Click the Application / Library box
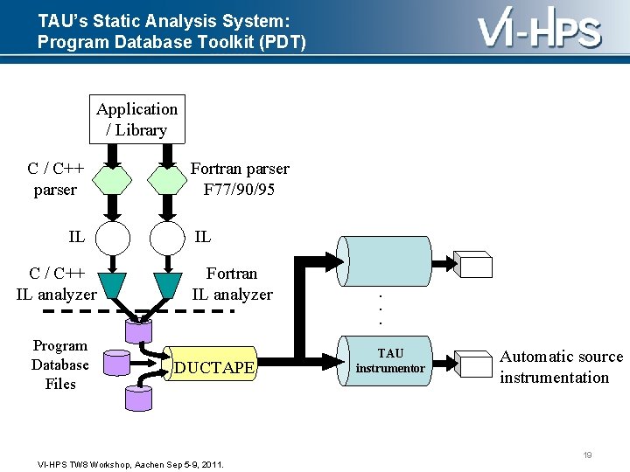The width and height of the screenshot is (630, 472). [136, 120]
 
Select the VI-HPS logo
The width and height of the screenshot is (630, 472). [539, 30]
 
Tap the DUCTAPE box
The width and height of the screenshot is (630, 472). [214, 368]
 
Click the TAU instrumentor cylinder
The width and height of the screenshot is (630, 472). [389, 360]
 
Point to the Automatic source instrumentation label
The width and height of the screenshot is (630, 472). [561, 367]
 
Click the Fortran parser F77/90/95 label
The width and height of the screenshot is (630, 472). [239, 179]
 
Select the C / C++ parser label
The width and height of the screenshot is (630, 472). [55, 179]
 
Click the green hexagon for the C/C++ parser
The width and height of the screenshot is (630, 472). [112, 180]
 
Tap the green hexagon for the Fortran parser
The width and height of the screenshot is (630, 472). [167, 180]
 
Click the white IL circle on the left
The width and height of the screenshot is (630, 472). [112, 236]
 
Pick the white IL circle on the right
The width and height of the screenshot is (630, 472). [167, 236]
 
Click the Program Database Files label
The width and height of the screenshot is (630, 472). [59, 364]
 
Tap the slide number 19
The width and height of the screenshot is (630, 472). [587, 455]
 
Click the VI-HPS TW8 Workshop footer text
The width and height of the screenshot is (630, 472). [130, 464]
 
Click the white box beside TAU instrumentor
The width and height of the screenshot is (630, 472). [476, 364]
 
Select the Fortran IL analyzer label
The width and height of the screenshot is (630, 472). [232, 284]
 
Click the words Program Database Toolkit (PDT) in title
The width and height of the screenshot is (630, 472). [171, 41]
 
